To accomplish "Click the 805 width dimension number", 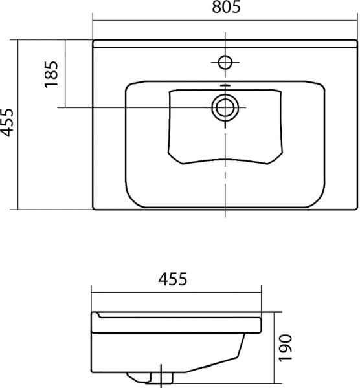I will pyautogui.click(x=225, y=8).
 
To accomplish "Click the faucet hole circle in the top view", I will pyautogui.click(x=225, y=62).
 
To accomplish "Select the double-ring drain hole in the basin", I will pyautogui.click(x=225, y=107).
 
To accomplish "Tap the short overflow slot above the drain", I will pyautogui.click(x=225, y=85).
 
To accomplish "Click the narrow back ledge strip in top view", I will pyautogui.click(x=225, y=43).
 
